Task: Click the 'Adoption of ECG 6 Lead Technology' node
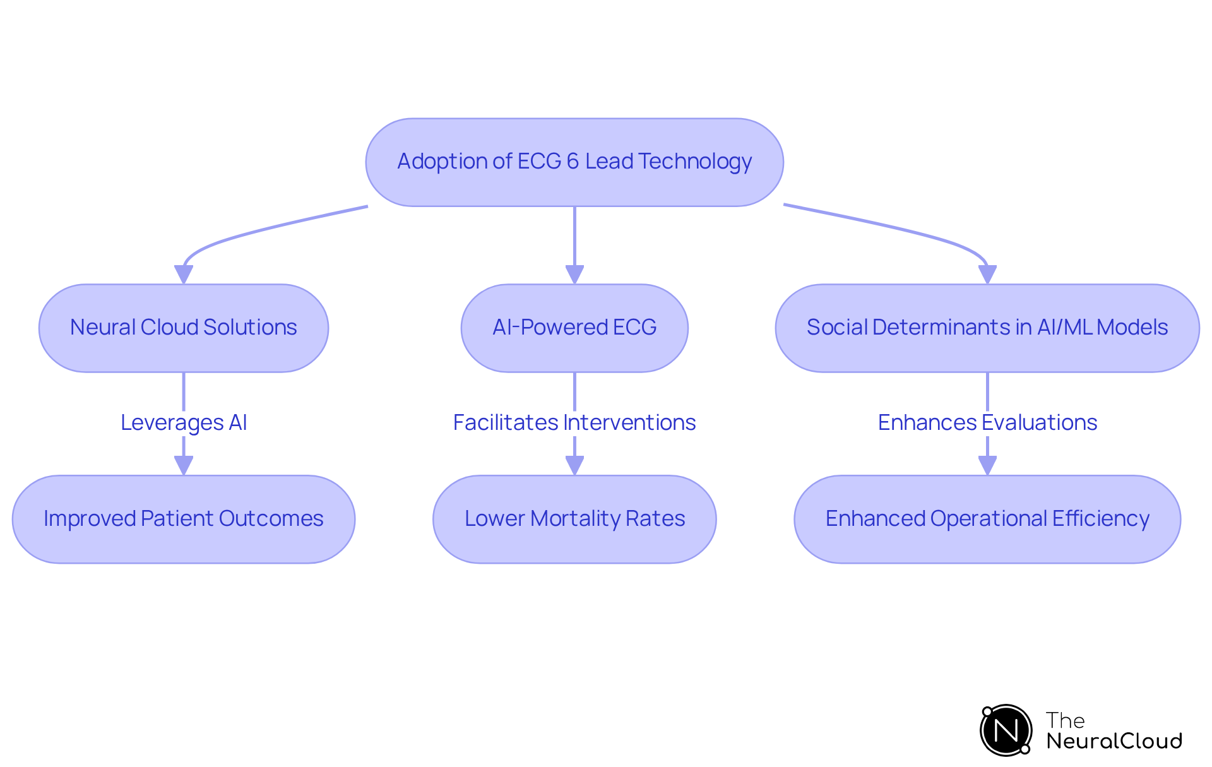pos(574,162)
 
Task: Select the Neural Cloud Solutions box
pos(184,328)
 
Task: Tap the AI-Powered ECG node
pos(574,328)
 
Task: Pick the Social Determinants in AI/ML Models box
pos(987,328)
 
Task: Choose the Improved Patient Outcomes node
pos(184,519)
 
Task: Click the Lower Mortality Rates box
pos(574,519)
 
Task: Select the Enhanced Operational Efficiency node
pos(987,519)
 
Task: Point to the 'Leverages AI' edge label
pos(184,422)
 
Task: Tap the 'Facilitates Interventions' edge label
pos(574,422)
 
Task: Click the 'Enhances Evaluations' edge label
pos(987,422)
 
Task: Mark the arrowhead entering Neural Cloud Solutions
pos(184,275)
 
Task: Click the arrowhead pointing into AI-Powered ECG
pos(574,275)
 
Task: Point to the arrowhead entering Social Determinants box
pos(987,275)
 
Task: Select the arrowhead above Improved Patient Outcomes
pos(184,466)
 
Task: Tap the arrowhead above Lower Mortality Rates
pos(574,466)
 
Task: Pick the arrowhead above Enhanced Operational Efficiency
pos(987,466)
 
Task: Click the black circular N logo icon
pos(1006,730)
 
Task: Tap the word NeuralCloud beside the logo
pos(1114,740)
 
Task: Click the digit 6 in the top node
pos(573,162)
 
